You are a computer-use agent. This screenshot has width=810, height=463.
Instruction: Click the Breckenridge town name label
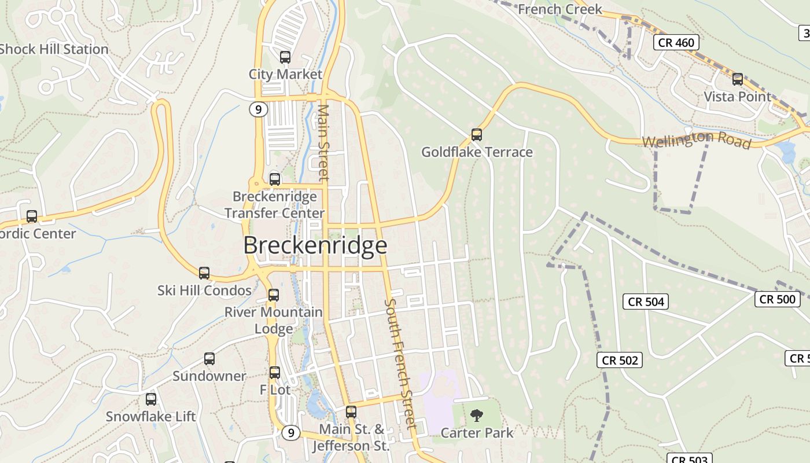[315, 245]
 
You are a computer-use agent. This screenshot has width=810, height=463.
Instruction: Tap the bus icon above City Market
[285, 57]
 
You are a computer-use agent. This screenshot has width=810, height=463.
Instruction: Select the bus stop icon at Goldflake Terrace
[476, 135]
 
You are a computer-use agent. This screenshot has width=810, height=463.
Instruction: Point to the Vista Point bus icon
[737, 79]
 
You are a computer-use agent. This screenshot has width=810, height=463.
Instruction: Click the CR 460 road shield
[676, 42]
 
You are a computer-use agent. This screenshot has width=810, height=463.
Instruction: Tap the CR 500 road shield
[777, 299]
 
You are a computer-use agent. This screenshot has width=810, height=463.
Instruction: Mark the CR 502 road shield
[620, 360]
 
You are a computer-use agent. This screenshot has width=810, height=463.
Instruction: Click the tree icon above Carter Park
[477, 415]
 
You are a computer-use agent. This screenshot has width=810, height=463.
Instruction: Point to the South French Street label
[400, 364]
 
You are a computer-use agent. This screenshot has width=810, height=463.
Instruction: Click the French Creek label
[559, 9]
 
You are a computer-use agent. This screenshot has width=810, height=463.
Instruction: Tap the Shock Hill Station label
[54, 49]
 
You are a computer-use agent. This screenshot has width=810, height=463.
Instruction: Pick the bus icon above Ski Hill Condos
[204, 273]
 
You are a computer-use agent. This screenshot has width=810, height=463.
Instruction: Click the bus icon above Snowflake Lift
[150, 399]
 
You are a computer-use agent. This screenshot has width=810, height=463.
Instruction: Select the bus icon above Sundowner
[209, 359]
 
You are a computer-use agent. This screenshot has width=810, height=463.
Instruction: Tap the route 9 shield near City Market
[259, 109]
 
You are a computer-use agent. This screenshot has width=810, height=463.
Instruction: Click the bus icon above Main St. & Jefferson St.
[351, 412]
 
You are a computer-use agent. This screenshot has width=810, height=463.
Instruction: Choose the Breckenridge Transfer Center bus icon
[274, 179]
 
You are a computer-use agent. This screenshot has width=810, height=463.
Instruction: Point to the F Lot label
[275, 390]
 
